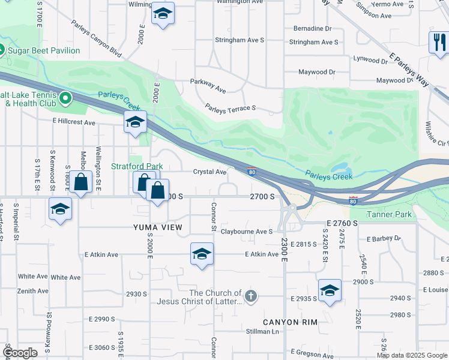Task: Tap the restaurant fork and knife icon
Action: coord(439,42)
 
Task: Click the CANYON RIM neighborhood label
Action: coord(289,322)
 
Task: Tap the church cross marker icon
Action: coord(251,295)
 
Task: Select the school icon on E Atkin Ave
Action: coord(202,254)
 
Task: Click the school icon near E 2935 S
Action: coord(329,290)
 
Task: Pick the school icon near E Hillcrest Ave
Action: coord(135,122)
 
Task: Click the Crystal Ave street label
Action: coord(209,172)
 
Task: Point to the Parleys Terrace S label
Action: coord(231,108)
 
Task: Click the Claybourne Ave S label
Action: coord(247,231)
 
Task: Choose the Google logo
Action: coord(20,353)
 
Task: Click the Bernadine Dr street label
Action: coord(312,28)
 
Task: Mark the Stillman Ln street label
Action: coord(262,331)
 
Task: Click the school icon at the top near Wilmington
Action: coord(161,14)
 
